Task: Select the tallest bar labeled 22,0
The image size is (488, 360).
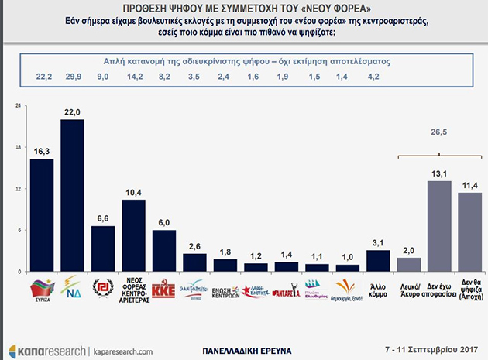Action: point(72,196)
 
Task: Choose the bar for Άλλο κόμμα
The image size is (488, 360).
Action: point(378,261)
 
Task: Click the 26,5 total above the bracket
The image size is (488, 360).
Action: point(439,132)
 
